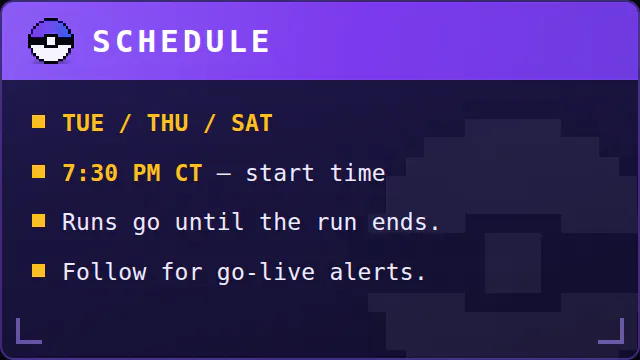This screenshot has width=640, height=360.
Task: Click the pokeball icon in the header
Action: point(51,41)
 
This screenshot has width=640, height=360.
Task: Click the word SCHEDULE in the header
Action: point(181,41)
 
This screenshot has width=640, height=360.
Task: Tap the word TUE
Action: point(83,123)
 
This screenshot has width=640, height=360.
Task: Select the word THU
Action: point(168,123)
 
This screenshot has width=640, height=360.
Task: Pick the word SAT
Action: point(252,123)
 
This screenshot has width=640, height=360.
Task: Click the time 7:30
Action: point(90,173)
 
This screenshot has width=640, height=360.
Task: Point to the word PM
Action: point(147,173)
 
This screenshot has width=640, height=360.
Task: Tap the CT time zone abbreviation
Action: point(189,173)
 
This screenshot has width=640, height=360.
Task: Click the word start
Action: point(280,173)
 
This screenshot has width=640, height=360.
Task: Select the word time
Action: point(358,173)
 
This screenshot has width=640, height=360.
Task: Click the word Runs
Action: point(90,222)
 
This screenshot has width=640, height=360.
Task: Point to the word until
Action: point(210,222)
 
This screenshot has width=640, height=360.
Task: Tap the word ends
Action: point(400,222)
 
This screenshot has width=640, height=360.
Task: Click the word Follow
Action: point(104,271)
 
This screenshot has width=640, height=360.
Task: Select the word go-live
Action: point(266,272)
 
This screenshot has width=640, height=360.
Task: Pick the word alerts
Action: point(372,271)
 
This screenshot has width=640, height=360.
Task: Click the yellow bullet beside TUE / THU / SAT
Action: point(39,122)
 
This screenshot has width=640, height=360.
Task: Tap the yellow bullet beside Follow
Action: point(39,270)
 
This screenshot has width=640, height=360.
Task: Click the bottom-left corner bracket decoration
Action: point(18,341)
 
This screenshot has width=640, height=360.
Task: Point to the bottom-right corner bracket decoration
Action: point(622,341)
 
